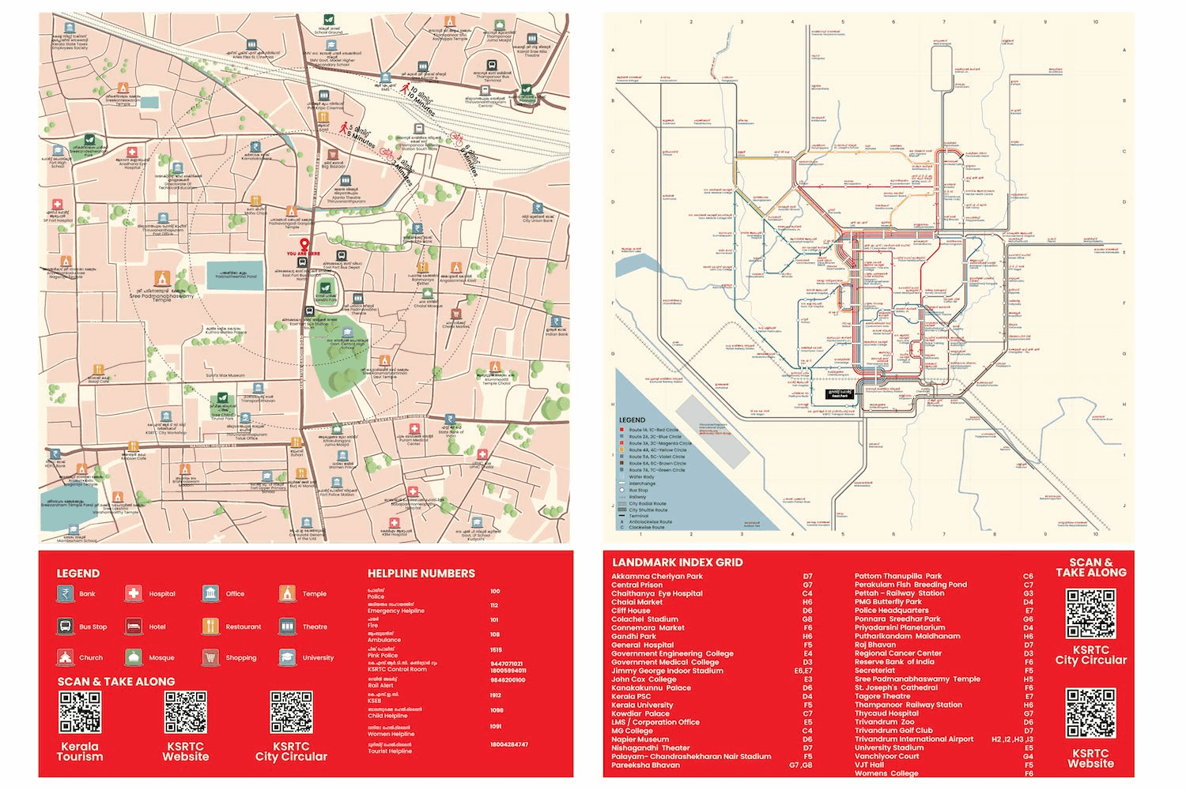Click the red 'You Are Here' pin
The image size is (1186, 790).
(304, 244)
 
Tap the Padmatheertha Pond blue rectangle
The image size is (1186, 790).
(234, 275)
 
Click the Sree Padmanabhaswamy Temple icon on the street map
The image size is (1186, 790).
(162, 279)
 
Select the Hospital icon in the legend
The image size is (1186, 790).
(134, 593)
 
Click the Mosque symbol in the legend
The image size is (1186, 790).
(134, 657)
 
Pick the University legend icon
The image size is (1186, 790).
(287, 657)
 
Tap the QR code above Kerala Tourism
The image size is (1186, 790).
(80, 713)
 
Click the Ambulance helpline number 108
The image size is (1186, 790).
(496, 634)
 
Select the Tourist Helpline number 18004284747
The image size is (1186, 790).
(508, 744)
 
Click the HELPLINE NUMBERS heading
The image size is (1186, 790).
(421, 574)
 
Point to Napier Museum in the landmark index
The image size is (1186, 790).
(640, 739)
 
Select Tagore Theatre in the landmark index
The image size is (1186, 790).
(882, 696)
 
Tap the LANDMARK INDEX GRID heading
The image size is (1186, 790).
(677, 562)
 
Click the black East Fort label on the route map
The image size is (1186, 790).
(840, 393)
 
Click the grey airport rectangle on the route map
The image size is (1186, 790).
(712, 431)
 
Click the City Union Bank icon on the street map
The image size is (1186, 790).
(538, 209)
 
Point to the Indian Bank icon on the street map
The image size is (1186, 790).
(557, 322)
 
